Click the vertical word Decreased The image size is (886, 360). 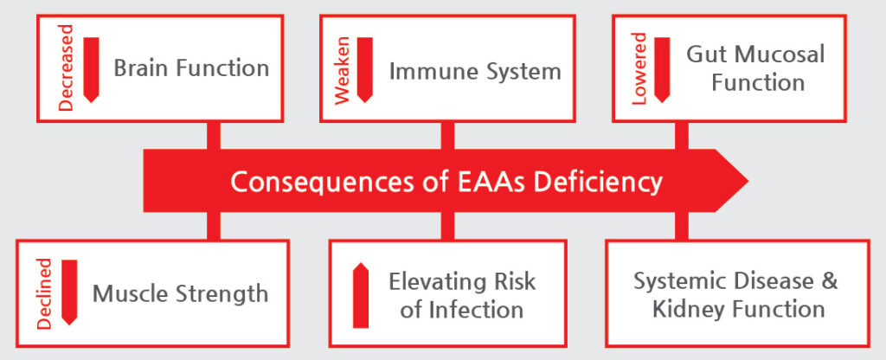[66, 67]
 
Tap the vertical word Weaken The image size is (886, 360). [343, 71]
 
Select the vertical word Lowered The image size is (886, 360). [639, 69]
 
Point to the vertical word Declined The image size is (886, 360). [44, 293]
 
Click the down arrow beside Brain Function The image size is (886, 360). [91, 70]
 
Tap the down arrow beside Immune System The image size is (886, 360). [365, 70]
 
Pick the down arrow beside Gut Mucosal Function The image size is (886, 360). [662, 70]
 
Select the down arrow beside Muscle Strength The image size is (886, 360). [69, 292]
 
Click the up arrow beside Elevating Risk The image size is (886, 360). [361, 295]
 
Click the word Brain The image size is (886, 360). [140, 68]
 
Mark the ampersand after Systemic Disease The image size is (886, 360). [830, 281]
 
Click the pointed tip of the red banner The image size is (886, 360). [748, 181]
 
